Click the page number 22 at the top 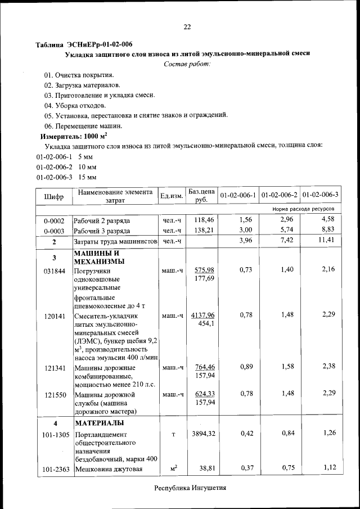pyautogui.click(x=187, y=26)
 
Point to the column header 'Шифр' pyautogui.click(x=53, y=197)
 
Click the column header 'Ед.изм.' pyautogui.click(x=172, y=196)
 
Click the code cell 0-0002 pyautogui.click(x=54, y=220)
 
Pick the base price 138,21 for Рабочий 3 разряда pyautogui.click(x=204, y=231)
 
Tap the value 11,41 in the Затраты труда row pyautogui.click(x=326, y=241)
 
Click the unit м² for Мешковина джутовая pyautogui.click(x=174, y=467)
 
